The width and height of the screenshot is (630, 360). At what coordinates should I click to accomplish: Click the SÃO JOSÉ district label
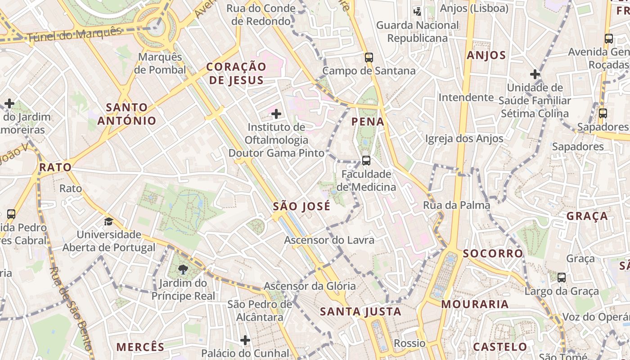[x=301, y=207]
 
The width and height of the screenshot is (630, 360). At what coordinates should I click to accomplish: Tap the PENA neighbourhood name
[x=368, y=121]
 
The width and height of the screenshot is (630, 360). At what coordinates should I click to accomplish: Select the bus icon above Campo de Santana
[x=369, y=58]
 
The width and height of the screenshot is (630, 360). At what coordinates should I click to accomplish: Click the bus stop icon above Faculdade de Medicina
[x=366, y=161]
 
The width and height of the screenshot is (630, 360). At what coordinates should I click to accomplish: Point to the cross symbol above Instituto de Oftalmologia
[x=276, y=114]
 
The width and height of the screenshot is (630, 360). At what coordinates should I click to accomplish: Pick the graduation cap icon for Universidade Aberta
[x=108, y=221]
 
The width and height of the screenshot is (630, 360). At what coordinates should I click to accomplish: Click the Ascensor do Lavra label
[x=329, y=240]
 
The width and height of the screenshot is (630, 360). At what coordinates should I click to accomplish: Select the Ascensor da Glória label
[x=310, y=286]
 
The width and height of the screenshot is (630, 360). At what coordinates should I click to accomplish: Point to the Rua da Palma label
[x=456, y=205]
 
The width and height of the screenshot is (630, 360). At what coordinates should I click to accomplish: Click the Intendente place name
[x=466, y=97]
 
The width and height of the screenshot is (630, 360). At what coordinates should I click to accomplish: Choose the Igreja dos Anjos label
[x=464, y=139]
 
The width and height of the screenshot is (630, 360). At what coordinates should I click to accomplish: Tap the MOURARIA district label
[x=475, y=304]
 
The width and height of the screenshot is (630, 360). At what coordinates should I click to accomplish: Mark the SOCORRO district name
[x=493, y=253]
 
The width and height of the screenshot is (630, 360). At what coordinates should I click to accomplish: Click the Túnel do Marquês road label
[x=75, y=35]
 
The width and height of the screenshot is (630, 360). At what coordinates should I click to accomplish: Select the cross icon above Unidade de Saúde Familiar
[x=535, y=74]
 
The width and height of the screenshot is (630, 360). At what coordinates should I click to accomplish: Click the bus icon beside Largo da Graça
[x=562, y=278]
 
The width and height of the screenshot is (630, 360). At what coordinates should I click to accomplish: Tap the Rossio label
[x=409, y=343]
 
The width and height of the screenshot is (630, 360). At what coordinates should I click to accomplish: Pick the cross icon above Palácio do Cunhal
[x=245, y=340]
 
